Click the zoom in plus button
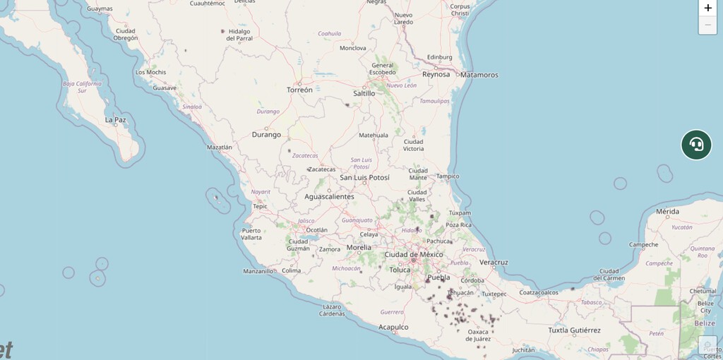pos(707,8)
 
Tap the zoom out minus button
pos(707,25)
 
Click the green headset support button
pos(696,145)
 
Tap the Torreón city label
pos(299,90)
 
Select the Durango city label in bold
pos(266,134)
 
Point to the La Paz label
pos(115,120)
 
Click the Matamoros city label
pos(479,75)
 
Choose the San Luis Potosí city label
pos(364,177)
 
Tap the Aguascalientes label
pos(329,197)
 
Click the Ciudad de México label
pos(414,254)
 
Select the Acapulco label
pos(393,327)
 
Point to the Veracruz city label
pos(494,262)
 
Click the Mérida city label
pos(667,212)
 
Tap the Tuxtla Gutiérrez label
pos(574,330)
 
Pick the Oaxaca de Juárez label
pos(478,335)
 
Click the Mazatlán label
pos(219,148)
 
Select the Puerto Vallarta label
pos(251,234)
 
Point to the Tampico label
pos(448,176)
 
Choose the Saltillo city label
pos(364,93)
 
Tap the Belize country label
pos(704,323)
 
